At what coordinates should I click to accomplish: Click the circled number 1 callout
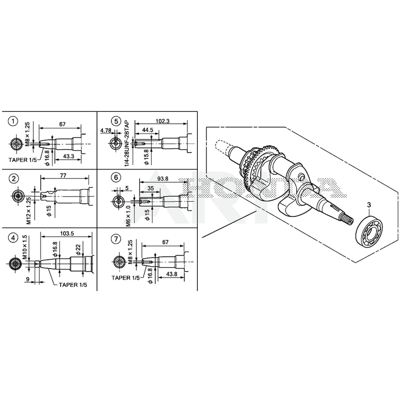pos(14,121)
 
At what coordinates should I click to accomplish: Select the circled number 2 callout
pos(14,178)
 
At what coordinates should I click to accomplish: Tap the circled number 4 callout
pos(14,238)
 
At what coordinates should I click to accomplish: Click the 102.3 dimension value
pos(162,121)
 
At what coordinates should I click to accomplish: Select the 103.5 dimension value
pos(67,233)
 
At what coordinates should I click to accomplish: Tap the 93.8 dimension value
pos(162,179)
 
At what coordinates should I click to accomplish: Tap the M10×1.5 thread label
pos(25,247)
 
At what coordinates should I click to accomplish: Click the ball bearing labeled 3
pos(369,231)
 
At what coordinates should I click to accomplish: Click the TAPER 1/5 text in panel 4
pos(73,285)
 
